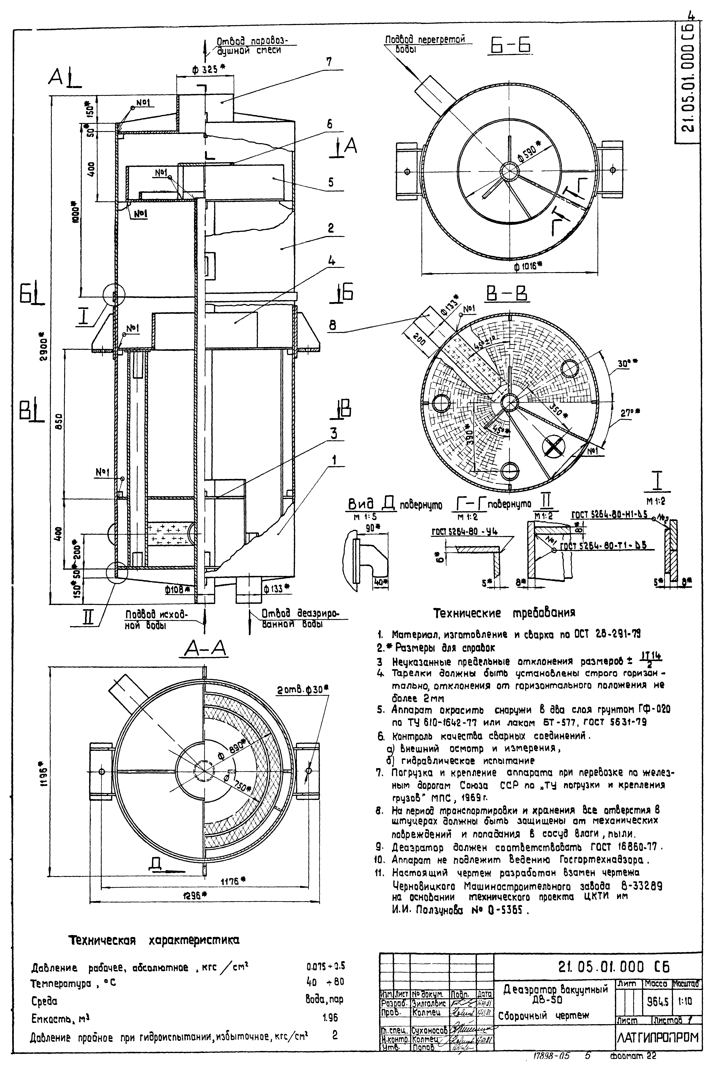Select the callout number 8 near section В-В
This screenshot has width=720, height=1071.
(x=332, y=325)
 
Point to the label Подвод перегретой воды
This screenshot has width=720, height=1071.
(x=423, y=44)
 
